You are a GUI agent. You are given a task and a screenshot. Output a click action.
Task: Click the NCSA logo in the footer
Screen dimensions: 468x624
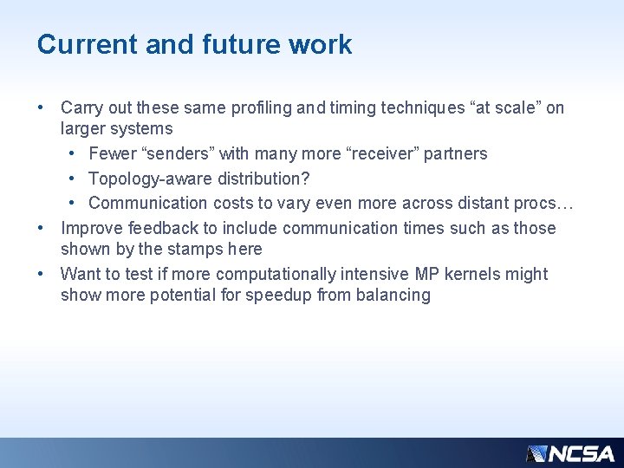570,453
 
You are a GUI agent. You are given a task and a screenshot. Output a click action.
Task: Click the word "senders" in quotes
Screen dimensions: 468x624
168,153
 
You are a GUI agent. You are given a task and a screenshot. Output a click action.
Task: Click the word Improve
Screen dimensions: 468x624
90,228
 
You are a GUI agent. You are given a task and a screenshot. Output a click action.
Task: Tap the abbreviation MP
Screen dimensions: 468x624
427,274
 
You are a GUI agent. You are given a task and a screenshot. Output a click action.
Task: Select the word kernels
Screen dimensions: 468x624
471,274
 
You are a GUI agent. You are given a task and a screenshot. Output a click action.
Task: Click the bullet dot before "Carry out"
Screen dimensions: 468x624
41,108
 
